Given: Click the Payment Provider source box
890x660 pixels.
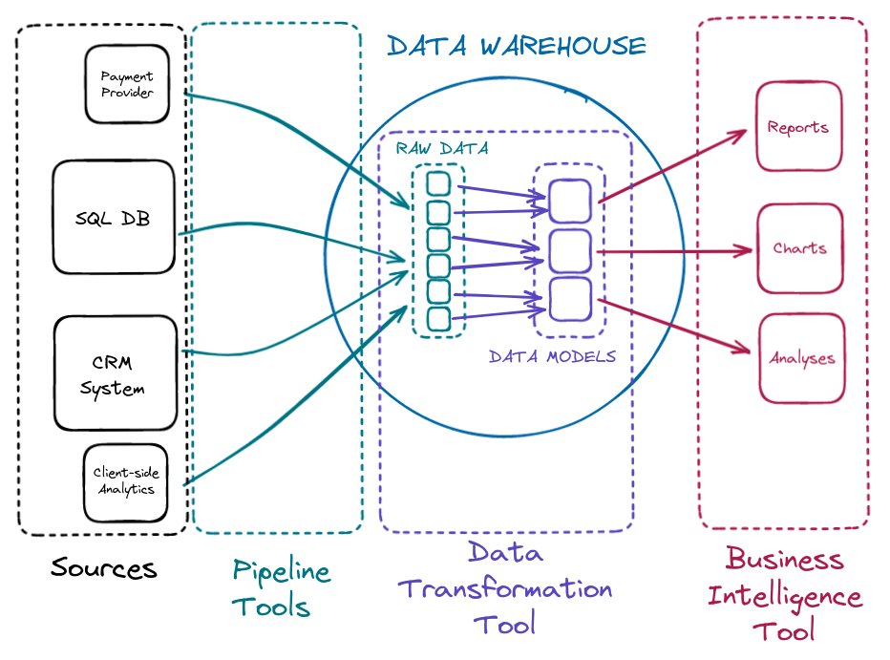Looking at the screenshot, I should pyautogui.click(x=127, y=84).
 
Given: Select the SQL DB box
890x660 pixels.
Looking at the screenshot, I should pyautogui.click(x=114, y=218).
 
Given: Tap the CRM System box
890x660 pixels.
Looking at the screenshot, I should pyautogui.click(x=115, y=373).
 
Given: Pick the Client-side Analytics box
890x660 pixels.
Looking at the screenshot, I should pyautogui.click(x=125, y=480).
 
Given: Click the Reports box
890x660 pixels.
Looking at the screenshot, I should pyautogui.click(x=798, y=127).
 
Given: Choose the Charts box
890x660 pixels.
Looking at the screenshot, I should pyautogui.click(x=799, y=248).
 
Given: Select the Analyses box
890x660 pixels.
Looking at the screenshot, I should pyautogui.click(x=801, y=358).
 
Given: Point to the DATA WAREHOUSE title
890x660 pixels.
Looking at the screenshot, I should pyautogui.click(x=516, y=46).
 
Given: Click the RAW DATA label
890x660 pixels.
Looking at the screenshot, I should pyautogui.click(x=442, y=149).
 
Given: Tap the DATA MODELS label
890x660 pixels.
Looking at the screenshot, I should pyautogui.click(x=552, y=357).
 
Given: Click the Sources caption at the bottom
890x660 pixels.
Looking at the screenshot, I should pyautogui.click(x=103, y=568).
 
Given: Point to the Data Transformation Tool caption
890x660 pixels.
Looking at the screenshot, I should pyautogui.click(x=505, y=587).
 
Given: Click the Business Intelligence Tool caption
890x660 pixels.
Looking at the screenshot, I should pyautogui.click(x=784, y=594).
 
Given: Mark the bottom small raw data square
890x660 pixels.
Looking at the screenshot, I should pyautogui.click(x=438, y=318).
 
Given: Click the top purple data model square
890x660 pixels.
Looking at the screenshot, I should pyautogui.click(x=570, y=201).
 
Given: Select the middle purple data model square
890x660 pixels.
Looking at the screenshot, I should pyautogui.click(x=570, y=250).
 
